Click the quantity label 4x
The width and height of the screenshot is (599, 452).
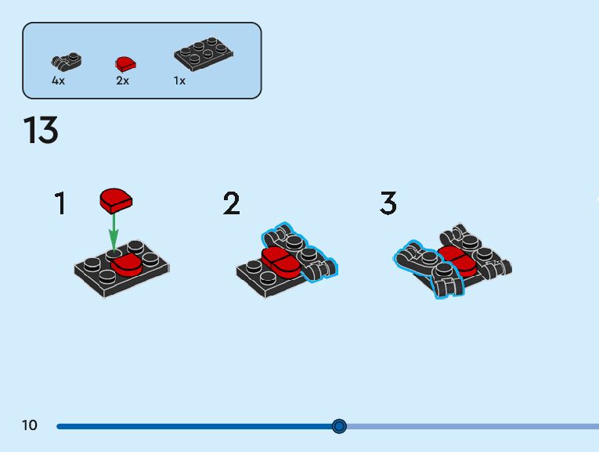pos(58,81)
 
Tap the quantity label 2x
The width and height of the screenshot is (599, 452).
pos(122,81)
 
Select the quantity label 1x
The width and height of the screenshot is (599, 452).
pos(179,81)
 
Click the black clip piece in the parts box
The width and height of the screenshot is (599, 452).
pos(66,61)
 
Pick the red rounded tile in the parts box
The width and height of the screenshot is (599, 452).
pos(125,63)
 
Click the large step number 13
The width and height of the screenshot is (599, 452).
pos(41,131)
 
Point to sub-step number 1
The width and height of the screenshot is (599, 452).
pos(60,204)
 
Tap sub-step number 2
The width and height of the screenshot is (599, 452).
pos(231,204)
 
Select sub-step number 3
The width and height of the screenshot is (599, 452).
pos(388,204)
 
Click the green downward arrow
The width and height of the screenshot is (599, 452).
pos(114,231)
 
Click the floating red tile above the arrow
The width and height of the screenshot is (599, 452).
pos(116,200)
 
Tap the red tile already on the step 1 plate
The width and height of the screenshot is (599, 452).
pos(127,263)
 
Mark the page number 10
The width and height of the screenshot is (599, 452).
pos(30,425)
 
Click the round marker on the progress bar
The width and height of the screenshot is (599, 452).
pos(339,426)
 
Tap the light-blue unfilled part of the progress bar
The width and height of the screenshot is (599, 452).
pos(470,426)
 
